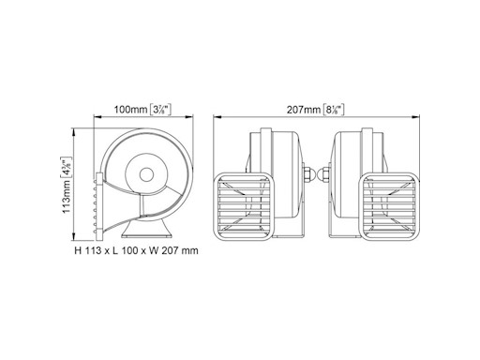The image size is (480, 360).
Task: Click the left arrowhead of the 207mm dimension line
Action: click(x=218, y=119)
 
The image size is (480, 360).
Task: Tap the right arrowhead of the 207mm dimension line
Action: click(x=412, y=119)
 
